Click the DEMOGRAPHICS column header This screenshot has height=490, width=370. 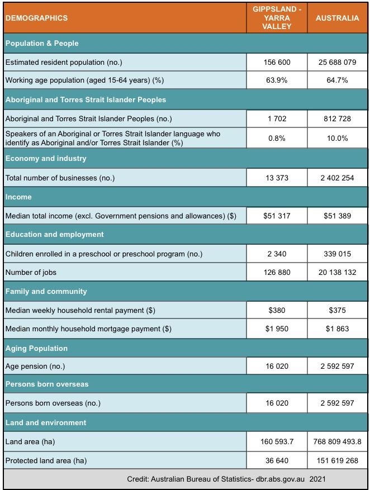[x=36, y=18]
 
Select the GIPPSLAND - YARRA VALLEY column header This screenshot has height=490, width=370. [x=277, y=18]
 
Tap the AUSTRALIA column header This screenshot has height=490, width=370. [x=337, y=18]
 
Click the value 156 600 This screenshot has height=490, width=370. [x=277, y=62]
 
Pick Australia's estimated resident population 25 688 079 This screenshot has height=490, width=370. [x=337, y=62]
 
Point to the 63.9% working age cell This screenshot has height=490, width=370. [x=277, y=80]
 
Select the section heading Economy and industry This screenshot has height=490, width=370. [x=46, y=158]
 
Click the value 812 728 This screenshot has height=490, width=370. [x=337, y=118]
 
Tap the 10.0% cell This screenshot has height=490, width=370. [x=337, y=138]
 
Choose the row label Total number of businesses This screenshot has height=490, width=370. [x=60, y=178]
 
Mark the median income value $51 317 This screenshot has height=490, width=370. [x=277, y=216]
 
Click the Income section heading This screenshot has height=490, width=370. [x=18, y=197]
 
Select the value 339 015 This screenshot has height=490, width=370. [x=337, y=254]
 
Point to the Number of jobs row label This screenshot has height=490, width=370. [x=32, y=273]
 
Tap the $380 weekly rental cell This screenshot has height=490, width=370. [x=277, y=310]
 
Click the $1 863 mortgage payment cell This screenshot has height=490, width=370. [x=337, y=329]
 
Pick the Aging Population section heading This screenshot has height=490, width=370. [x=36, y=348]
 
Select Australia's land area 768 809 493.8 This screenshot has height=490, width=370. [x=337, y=442]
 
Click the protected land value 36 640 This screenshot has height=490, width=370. [x=277, y=460]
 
